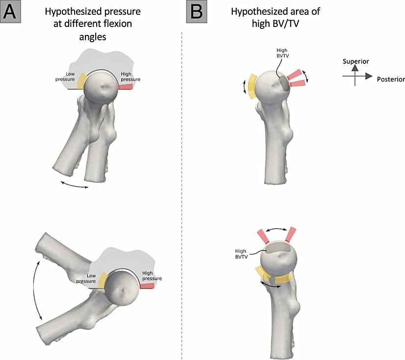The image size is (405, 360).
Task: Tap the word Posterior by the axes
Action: [x=391, y=79]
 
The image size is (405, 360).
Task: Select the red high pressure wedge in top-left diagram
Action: [x=126, y=87]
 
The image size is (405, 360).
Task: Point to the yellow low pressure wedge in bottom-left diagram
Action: [x=102, y=280]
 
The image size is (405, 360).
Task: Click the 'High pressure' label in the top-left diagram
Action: [x=130, y=76]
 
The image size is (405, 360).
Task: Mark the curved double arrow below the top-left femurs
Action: [x=74, y=184]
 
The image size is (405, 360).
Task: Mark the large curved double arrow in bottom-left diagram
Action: [x=37, y=290]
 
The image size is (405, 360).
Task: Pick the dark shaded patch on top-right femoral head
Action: [x=284, y=84]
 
